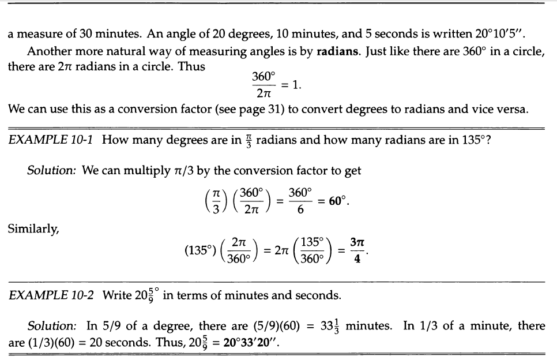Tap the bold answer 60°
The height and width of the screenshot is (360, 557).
(337, 203)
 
